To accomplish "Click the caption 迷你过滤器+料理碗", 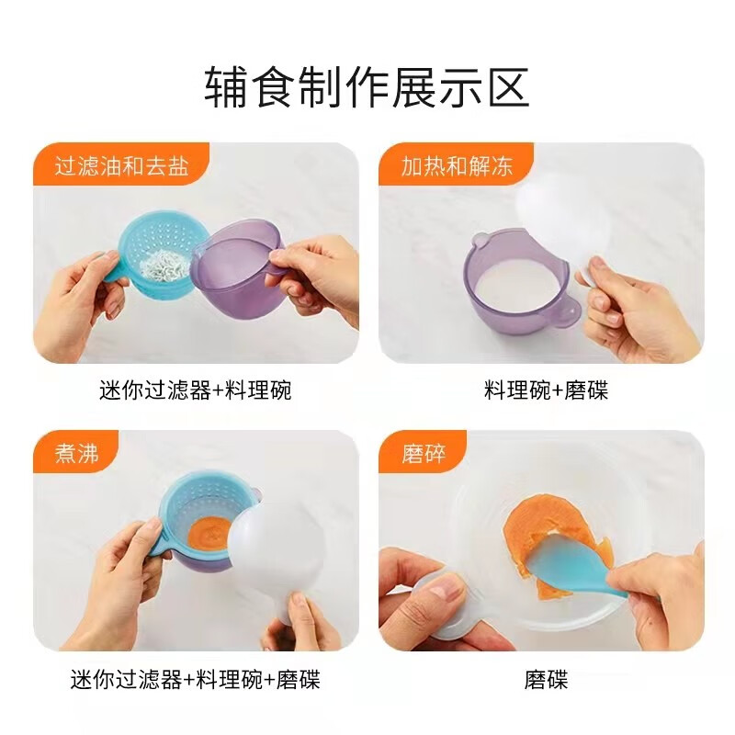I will (x=195, y=390).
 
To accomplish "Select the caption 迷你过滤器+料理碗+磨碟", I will (x=195, y=680).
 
